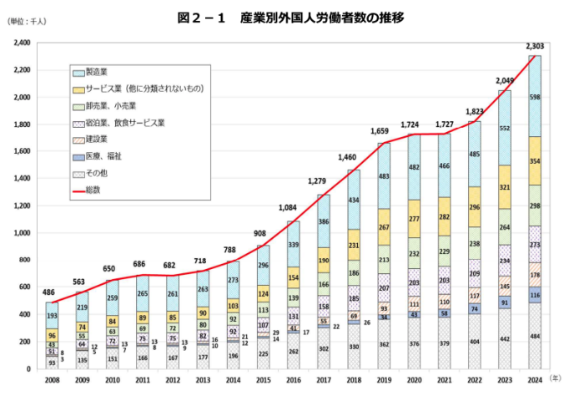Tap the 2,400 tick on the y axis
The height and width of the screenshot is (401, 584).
tap(22, 43)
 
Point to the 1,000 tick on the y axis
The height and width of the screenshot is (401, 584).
tap(22, 232)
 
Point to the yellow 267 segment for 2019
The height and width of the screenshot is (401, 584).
tap(384, 227)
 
